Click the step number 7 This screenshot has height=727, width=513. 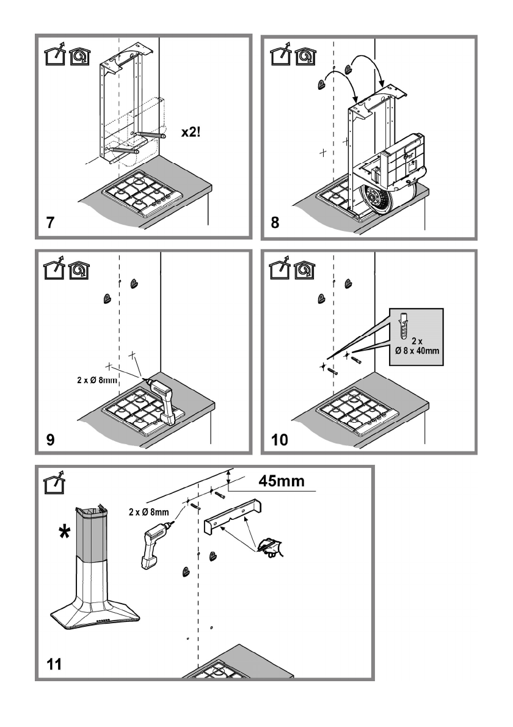coord(50,222)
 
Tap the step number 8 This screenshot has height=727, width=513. coord(275,222)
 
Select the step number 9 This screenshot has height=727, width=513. coord(50,439)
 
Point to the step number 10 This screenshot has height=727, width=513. coord(280,439)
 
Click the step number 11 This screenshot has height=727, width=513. coord(54,664)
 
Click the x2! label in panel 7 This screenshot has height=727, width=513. coord(191,132)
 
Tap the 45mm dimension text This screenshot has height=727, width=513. coord(282,481)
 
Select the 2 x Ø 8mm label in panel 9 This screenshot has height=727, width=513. coord(97,380)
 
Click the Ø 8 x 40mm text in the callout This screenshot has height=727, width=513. coord(417,351)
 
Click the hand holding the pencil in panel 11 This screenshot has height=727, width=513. coord(271,547)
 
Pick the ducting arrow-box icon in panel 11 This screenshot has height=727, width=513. coord(54,482)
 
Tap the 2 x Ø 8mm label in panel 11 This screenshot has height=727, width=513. coord(149,513)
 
